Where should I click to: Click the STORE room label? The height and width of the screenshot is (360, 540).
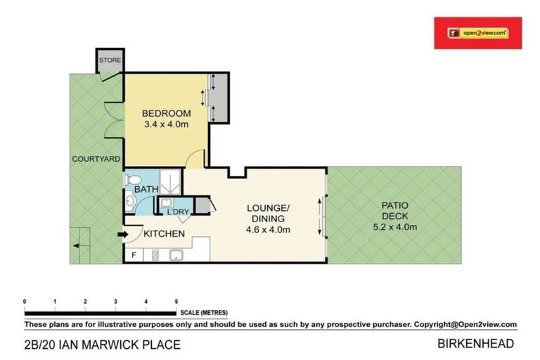click(110, 60)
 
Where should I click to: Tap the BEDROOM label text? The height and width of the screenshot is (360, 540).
click(166, 114)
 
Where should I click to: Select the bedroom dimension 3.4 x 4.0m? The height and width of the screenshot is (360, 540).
click(166, 125)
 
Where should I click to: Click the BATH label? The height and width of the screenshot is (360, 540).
click(146, 190)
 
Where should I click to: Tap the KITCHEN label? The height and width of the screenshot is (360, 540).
click(164, 233)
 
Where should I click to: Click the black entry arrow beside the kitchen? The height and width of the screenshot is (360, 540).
click(124, 234)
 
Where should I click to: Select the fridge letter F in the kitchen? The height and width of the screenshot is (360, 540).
click(134, 255)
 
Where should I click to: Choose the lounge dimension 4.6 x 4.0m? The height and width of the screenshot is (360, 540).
click(268, 229)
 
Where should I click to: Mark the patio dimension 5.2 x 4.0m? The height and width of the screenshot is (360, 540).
click(395, 226)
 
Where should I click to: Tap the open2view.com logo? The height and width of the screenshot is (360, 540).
click(478, 32)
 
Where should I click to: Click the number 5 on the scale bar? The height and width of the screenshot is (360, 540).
click(176, 301)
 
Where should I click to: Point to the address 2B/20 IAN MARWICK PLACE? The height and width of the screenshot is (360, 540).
click(103, 345)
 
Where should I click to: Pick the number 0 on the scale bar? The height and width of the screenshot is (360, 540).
click(25, 301)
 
